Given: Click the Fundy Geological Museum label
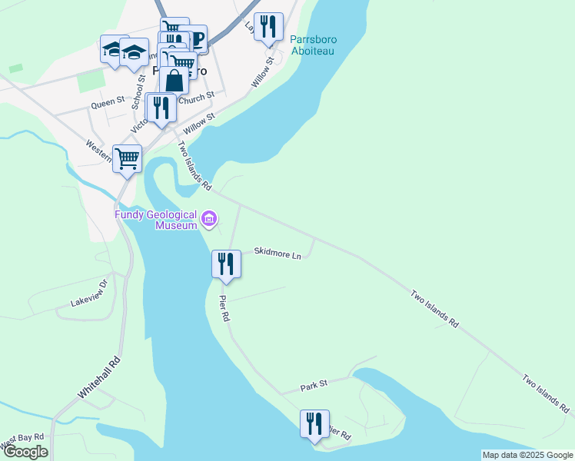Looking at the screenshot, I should [156, 220].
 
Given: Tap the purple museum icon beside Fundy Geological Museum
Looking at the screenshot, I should [208, 221].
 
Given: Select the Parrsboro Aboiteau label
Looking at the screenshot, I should [314, 45].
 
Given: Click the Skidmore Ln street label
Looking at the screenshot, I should [278, 253].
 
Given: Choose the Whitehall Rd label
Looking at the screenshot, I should [100, 376].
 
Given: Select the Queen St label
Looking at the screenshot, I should [108, 101].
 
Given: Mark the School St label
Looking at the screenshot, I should [138, 91].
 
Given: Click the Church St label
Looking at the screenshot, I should [195, 98].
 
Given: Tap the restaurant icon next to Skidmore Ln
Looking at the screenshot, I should [226, 264].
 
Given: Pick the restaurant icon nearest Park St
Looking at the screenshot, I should [314, 423].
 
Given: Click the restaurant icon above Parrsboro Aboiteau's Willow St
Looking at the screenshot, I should [268, 26].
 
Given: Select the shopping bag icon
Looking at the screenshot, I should [174, 80].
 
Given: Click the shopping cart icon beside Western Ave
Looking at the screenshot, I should [128, 158].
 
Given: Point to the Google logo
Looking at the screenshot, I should [25, 452].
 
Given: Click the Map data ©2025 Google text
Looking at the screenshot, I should [527, 455].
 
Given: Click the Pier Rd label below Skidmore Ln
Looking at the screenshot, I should [224, 307].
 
